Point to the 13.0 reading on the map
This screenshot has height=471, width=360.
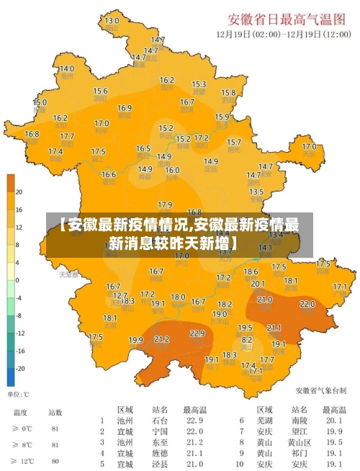[x=112, y=21]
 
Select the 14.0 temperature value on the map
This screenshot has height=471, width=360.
[x=66, y=68]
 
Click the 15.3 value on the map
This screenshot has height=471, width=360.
[x=199, y=84]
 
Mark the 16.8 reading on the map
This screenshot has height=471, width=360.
[x=32, y=134]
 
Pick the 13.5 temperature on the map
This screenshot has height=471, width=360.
[x=256, y=192]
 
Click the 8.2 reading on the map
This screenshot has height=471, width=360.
[x=247, y=338]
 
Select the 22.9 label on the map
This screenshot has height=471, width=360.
[x=197, y=333]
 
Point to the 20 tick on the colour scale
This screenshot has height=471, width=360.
[x=19, y=192]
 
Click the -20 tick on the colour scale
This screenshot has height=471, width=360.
[x=19, y=368]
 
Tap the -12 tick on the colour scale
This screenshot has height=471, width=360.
[x=19, y=333]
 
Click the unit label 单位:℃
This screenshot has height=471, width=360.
[x=18, y=395]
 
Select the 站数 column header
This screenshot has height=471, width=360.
[x=55, y=413]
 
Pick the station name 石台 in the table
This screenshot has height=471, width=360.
[x=160, y=421]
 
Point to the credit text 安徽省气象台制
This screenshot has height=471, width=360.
[x=320, y=390]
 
